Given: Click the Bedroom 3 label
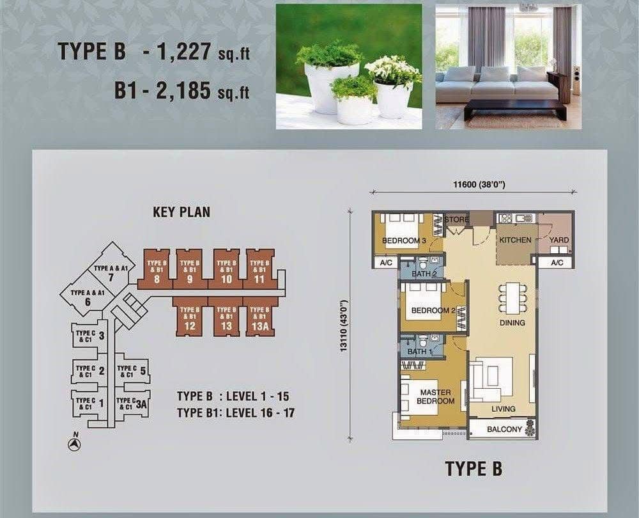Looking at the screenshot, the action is point(404,240).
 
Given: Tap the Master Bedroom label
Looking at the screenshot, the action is point(435,396).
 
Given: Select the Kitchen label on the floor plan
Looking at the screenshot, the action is point(515,240).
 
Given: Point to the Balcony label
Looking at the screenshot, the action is point(504,429).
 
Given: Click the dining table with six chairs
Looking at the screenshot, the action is point(512,298).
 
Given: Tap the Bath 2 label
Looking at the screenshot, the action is point(424,274).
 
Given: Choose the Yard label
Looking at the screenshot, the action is point(558,240).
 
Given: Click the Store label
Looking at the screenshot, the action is point(456,219).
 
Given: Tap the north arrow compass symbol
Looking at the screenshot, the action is point(74,444).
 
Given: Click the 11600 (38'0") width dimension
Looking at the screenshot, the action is point(479,185).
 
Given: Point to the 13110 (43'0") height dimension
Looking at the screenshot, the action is point(344,326).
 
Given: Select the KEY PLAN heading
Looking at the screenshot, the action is point(181,212).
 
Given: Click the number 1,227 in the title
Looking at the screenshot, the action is point(183,51).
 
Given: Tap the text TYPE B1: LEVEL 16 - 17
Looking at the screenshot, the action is point(236,412).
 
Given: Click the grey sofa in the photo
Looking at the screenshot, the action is point(497,86).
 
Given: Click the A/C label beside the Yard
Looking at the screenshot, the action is point(557,263).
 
